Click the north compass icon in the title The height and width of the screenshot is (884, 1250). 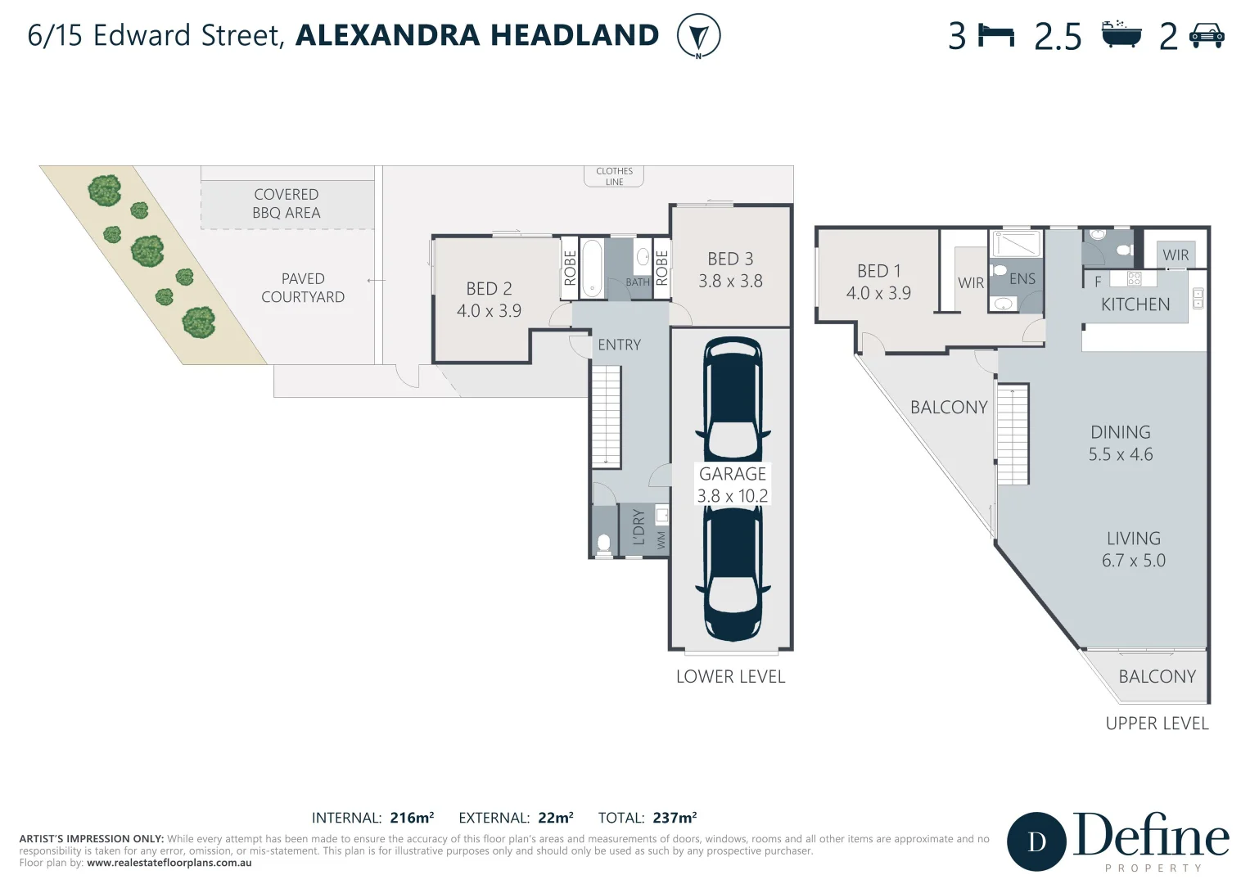pyautogui.click(x=698, y=37)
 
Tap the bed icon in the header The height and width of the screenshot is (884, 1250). pyautogui.click(x=996, y=36)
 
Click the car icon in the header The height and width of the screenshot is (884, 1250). pyautogui.click(x=1207, y=36)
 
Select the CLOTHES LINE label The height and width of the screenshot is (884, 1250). pyautogui.click(x=614, y=177)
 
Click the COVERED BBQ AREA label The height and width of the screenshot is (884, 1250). pyautogui.click(x=286, y=204)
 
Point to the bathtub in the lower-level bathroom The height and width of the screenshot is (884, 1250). pyautogui.click(x=591, y=268)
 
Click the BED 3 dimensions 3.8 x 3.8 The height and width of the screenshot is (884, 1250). pyautogui.click(x=730, y=282)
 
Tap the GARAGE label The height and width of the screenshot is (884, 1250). pyautogui.click(x=733, y=474)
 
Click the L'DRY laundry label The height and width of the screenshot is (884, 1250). pyautogui.click(x=639, y=528)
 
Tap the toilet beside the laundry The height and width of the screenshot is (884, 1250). pyautogui.click(x=604, y=543)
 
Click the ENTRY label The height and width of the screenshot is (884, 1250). pyautogui.click(x=619, y=345)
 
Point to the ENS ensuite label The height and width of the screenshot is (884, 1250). pyautogui.click(x=1022, y=279)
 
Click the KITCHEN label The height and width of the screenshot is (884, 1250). pyautogui.click(x=1135, y=304)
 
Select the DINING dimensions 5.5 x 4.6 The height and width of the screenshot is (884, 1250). pyautogui.click(x=1120, y=455)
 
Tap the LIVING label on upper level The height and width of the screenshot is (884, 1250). pyautogui.click(x=1133, y=539)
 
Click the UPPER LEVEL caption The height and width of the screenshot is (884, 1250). pyautogui.click(x=1157, y=724)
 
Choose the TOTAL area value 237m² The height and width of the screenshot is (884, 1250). pyautogui.click(x=675, y=818)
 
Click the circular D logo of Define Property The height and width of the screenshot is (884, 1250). pyautogui.click(x=1036, y=841)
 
